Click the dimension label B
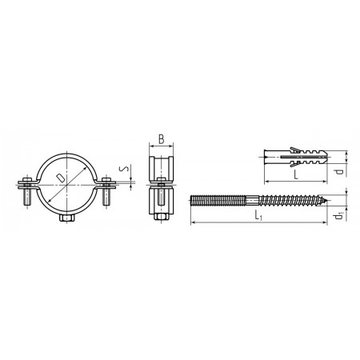162,139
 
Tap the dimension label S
124,169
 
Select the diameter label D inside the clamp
61,178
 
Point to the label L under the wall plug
296,175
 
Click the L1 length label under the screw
258,215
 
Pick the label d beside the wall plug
339,171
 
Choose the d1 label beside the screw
339,215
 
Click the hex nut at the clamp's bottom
67,218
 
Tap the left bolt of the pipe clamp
27,191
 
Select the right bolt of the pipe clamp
106,191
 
